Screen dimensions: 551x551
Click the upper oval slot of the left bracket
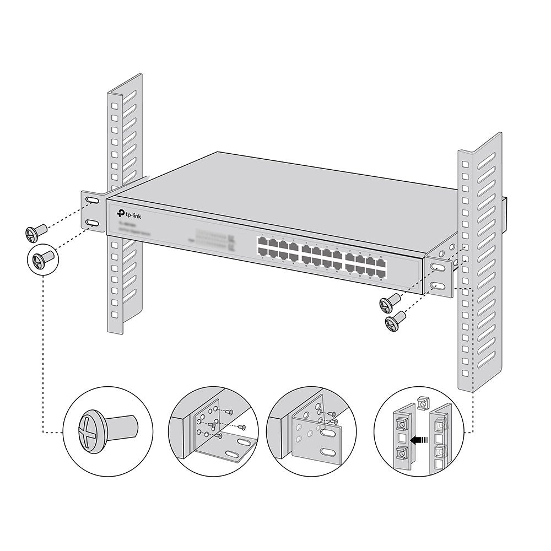[x=91, y=203]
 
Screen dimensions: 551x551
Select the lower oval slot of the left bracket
[x=93, y=223]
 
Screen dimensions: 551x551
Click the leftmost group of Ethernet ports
[x=279, y=247]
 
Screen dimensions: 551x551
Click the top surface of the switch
[x=309, y=193]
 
